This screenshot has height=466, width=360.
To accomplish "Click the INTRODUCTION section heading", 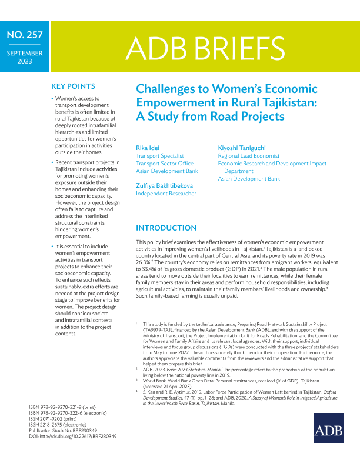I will [x=166, y=228].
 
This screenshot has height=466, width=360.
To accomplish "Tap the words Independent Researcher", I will [x=166, y=193].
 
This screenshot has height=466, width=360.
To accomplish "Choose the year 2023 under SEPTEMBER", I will [x=24, y=61].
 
